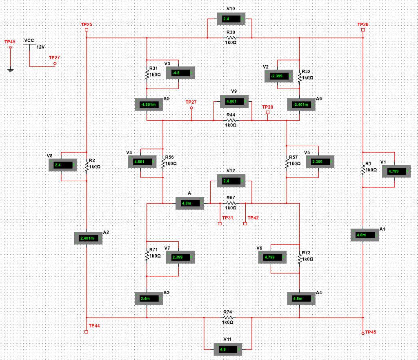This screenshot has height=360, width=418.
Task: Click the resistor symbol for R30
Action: click(231, 38)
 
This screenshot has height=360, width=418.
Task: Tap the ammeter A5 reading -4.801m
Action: click(149, 104)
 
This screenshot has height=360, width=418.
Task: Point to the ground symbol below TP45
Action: click(11, 70)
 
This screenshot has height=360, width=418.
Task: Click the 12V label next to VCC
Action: click(40, 47)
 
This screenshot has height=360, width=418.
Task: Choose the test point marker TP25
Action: click(87, 30)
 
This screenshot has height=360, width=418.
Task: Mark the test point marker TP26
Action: click(363, 30)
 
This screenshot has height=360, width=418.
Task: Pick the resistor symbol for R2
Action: click(87, 166)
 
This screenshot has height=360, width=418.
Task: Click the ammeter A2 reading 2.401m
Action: click(88, 238)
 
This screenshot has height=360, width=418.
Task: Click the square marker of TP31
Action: click(220, 224)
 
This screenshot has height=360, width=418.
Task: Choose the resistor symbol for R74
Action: click(228, 317)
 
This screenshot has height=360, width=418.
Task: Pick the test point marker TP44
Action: click(86, 332)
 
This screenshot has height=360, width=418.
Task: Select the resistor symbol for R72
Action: click(300, 258)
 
